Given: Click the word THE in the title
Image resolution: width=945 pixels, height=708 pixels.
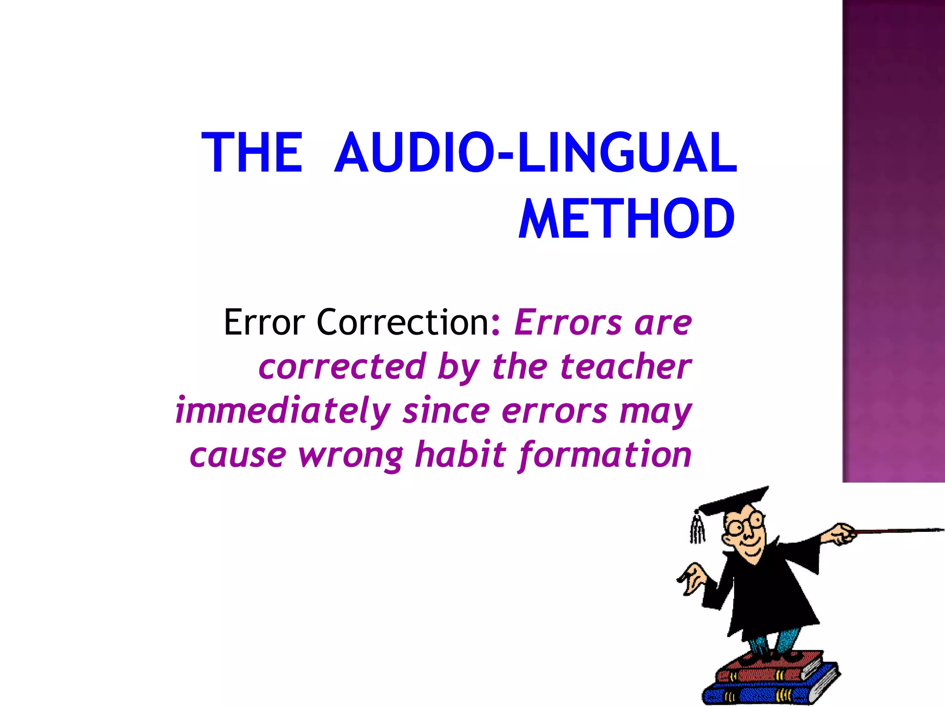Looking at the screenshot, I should (x=252, y=153).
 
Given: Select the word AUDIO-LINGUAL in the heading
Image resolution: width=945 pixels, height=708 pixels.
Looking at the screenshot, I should (x=535, y=153).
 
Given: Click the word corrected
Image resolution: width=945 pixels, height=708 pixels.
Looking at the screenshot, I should (x=342, y=366).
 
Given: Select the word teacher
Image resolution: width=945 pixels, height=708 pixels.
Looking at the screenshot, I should (x=626, y=366).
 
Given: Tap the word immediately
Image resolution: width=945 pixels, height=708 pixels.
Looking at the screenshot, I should (x=283, y=411).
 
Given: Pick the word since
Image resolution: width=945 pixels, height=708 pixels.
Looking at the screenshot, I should (x=446, y=411).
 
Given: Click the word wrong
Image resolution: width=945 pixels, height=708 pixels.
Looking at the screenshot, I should (x=351, y=455).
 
